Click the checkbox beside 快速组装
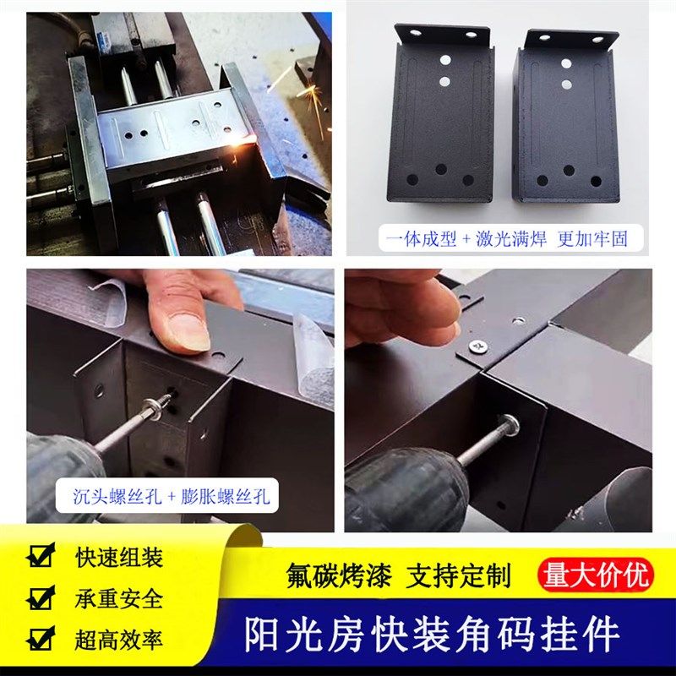40,557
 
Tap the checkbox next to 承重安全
40,598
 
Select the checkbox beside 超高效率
40,639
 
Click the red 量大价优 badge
597,575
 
